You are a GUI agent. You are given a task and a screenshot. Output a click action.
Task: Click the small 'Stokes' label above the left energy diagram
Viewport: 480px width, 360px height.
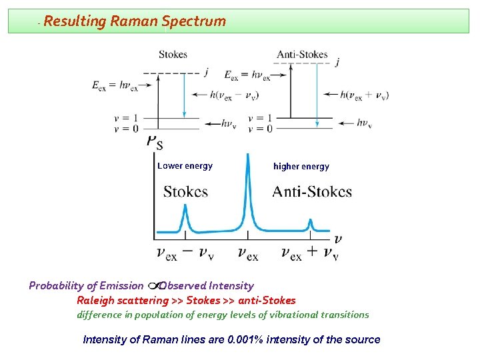173,54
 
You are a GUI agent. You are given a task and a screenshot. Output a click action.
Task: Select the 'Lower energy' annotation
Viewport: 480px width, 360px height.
185,166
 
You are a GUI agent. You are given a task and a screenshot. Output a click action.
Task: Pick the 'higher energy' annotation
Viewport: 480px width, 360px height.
301,167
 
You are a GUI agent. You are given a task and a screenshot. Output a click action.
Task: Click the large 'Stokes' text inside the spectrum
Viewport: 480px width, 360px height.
185,192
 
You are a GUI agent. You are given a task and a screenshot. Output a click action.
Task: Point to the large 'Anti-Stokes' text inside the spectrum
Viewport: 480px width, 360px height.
312,192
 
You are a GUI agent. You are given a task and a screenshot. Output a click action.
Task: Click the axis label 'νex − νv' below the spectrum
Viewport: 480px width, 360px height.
185,253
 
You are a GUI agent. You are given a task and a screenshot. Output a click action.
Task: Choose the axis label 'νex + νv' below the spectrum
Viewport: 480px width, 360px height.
309,253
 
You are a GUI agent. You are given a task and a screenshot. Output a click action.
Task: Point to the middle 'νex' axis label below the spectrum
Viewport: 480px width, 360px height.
248,253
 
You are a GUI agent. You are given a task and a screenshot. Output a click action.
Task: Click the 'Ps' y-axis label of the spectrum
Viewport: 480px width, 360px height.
154,142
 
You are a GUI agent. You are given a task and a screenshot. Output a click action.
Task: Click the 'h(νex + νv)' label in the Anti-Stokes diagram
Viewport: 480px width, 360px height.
365,95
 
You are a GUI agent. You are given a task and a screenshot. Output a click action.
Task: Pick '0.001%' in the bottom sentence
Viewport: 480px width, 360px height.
246,339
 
